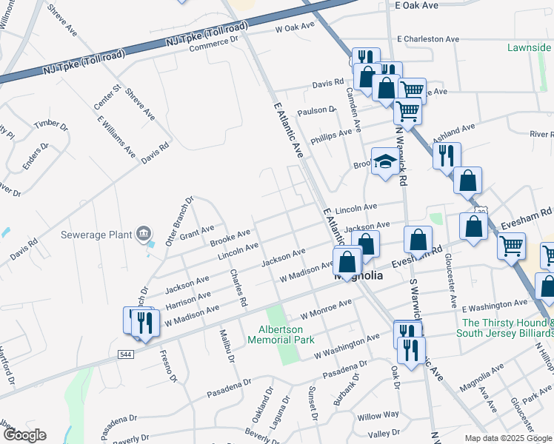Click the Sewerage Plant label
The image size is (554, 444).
click(x=97, y=235)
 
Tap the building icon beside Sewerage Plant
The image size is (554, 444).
click(x=143, y=235)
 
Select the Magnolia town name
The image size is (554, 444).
click(x=358, y=276)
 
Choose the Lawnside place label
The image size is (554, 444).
click(x=530, y=47)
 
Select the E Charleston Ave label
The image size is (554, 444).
click(x=428, y=38)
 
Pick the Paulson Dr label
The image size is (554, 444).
click(x=316, y=110)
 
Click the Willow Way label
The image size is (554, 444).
click(x=378, y=415)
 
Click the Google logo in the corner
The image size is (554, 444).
click(x=24, y=435)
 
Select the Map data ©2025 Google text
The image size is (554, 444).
click(x=508, y=438)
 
